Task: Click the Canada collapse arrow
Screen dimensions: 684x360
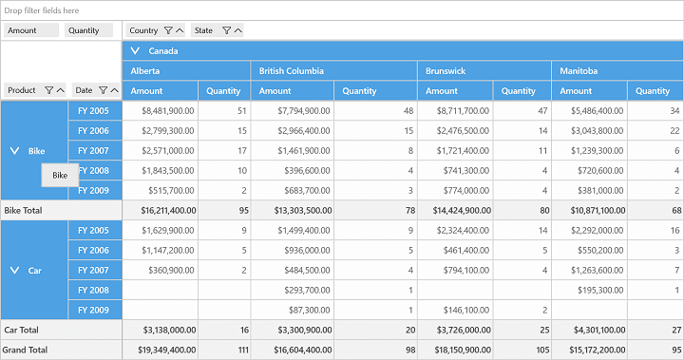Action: click(x=135, y=50)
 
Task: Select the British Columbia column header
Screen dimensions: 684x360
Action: click(x=292, y=70)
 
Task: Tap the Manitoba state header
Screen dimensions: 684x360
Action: click(x=579, y=70)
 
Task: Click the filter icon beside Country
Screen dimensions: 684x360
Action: click(x=168, y=30)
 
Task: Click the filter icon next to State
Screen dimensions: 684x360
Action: click(x=226, y=30)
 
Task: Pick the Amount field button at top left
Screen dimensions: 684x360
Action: click(x=31, y=30)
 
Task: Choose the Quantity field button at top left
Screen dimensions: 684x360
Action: click(x=88, y=30)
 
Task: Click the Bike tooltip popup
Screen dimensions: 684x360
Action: click(x=60, y=175)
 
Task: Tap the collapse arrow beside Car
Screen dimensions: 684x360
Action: click(x=14, y=271)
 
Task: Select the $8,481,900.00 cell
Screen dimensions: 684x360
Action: click(x=167, y=111)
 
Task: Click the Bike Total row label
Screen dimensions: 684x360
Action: click(x=23, y=210)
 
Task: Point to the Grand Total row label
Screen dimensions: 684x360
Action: click(x=25, y=350)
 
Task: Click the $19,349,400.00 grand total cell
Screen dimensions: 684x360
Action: click(x=166, y=350)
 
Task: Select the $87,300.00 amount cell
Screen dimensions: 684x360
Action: click(x=309, y=310)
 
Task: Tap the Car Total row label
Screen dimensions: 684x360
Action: click(x=21, y=330)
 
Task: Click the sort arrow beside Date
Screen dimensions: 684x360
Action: click(x=114, y=90)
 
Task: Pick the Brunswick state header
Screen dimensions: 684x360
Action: click(x=446, y=70)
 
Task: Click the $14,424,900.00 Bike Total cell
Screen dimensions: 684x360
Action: click(x=462, y=210)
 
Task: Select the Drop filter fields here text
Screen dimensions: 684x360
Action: click(x=42, y=10)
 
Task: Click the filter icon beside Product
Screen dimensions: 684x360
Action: click(x=48, y=90)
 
